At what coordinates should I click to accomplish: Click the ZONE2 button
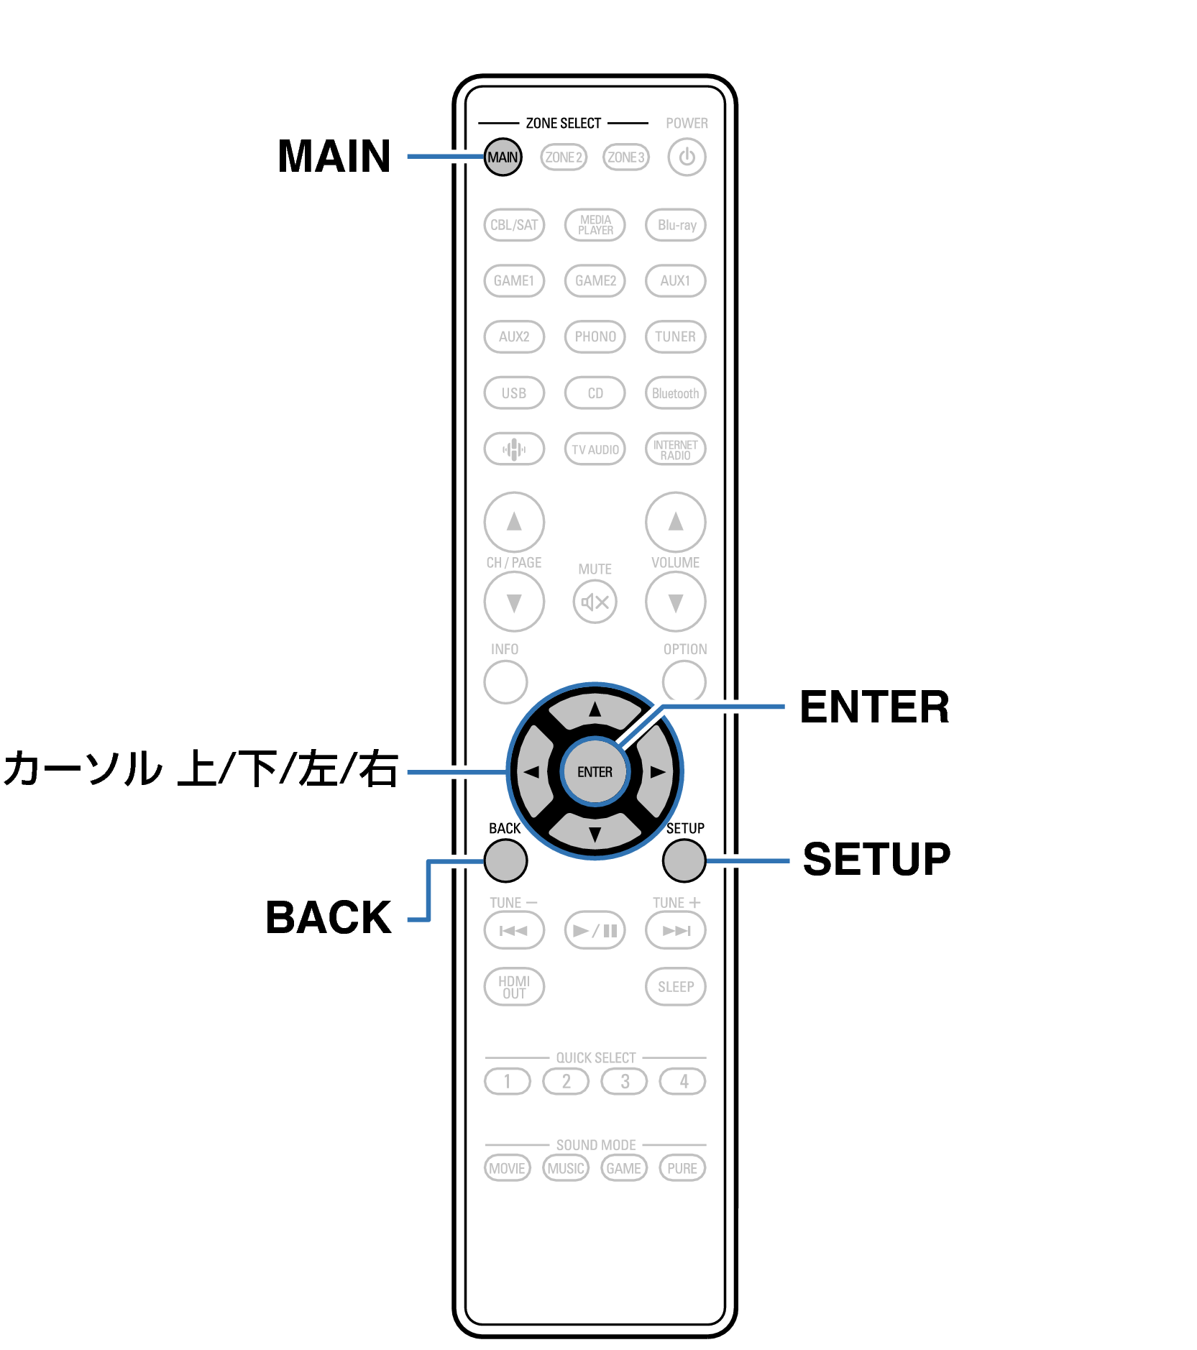(564, 157)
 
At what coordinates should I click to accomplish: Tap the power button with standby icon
(687, 157)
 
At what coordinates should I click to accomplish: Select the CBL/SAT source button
(514, 224)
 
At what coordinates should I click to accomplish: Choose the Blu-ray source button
(676, 224)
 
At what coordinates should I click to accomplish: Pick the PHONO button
(595, 336)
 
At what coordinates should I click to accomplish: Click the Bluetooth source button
(676, 393)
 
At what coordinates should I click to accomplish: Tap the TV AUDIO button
(595, 449)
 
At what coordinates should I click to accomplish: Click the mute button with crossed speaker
(595, 602)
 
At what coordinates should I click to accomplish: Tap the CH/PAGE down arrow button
(514, 602)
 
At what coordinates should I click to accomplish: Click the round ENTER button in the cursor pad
(595, 771)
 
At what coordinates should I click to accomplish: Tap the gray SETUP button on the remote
(684, 860)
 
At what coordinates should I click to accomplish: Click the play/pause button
(595, 930)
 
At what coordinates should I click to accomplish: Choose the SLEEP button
(676, 986)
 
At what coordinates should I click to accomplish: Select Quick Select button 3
(625, 1080)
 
